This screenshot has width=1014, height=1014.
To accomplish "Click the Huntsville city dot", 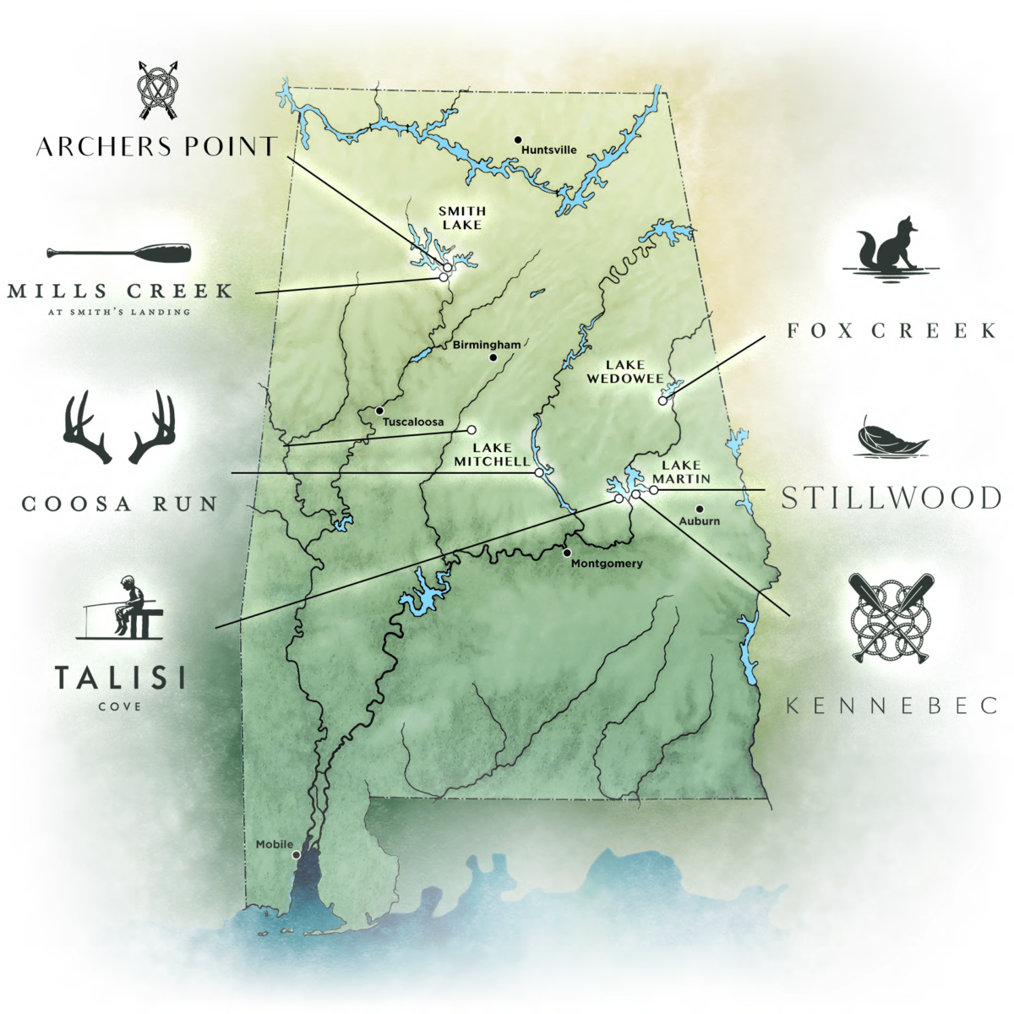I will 518,139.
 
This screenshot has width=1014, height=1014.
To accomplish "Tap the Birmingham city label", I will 487,345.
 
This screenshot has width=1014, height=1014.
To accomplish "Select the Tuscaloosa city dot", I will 379,411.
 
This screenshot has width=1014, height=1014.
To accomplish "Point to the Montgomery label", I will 607,564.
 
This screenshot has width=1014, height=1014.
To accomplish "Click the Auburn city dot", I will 700,509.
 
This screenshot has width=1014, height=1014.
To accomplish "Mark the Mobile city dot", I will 296,855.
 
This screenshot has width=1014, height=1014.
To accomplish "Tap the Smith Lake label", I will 461,218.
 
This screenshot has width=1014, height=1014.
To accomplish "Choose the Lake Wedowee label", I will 625,372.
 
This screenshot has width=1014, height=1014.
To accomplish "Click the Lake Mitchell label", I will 492,455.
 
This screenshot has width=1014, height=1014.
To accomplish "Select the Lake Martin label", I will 681,472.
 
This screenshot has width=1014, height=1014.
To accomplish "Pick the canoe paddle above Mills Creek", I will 119,253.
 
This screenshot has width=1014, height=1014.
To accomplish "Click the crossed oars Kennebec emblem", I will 890,618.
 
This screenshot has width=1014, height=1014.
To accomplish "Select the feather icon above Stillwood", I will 891,437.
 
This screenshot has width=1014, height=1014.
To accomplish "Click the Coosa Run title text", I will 119,504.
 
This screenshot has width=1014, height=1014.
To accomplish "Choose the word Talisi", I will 120,679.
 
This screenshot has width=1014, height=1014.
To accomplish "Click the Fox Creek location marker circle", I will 663,401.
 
